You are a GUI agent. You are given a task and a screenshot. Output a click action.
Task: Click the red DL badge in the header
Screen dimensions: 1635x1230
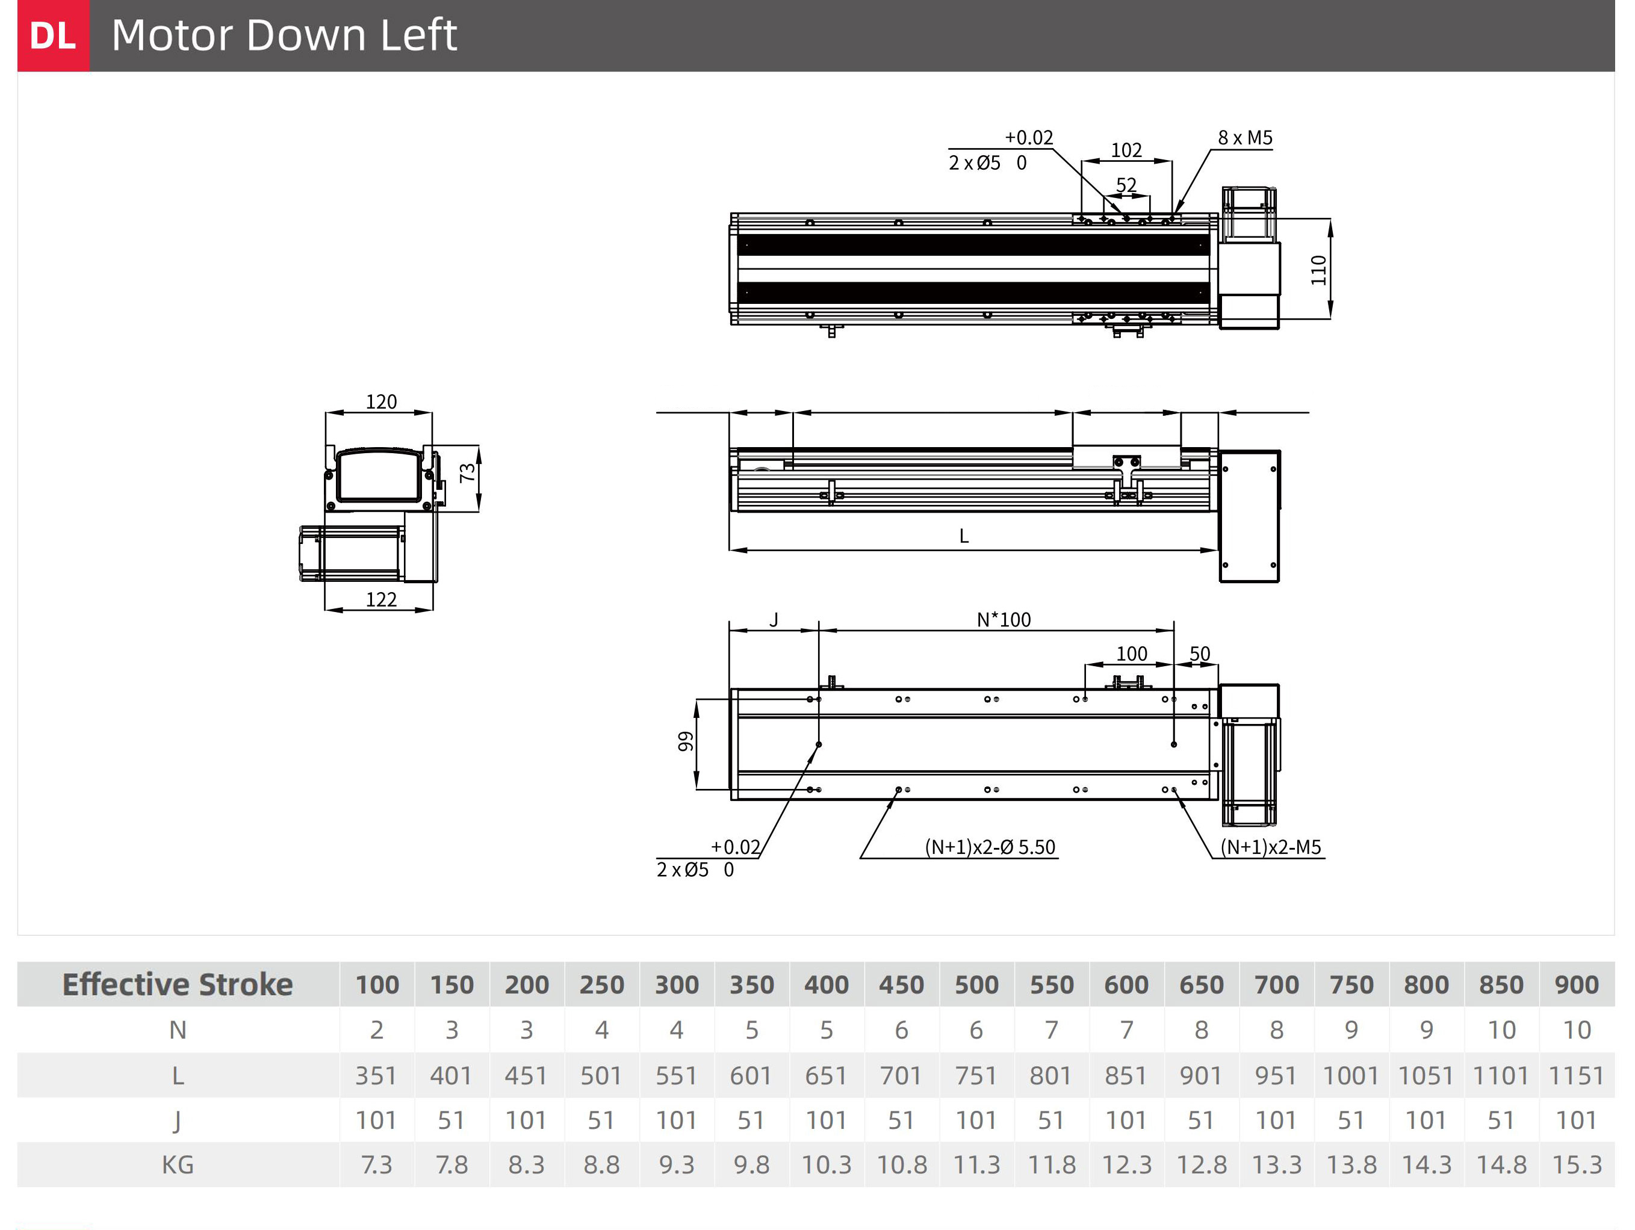click(x=53, y=36)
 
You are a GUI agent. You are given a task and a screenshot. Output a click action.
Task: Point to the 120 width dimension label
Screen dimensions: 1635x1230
click(x=382, y=402)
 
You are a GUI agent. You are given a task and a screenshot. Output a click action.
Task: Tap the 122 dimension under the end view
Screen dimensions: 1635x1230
click(x=382, y=600)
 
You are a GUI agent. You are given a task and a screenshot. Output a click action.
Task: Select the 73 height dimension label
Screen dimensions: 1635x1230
click(x=467, y=473)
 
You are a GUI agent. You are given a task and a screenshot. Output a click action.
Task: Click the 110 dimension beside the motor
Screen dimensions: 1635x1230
click(x=1318, y=270)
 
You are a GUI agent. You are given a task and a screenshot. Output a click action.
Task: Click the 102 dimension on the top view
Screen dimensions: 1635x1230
click(x=1126, y=150)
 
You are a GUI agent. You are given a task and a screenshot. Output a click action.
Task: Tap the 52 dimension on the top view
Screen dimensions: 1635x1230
click(x=1126, y=185)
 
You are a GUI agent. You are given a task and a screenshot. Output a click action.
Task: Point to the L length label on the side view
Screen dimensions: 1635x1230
click(x=964, y=536)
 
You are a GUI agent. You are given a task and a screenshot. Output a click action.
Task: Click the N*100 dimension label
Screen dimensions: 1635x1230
click(x=1004, y=620)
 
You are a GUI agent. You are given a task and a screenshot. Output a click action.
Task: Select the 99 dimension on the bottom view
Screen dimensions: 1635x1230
click(x=686, y=742)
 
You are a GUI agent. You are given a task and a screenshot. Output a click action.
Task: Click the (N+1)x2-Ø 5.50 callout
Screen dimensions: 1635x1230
click(x=990, y=847)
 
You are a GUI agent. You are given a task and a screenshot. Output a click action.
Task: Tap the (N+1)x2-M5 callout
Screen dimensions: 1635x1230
click(x=1271, y=847)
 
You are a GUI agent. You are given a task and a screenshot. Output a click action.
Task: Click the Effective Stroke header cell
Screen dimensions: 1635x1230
click(x=178, y=984)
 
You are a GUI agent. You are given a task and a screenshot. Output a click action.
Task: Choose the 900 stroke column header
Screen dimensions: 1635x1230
click(x=1577, y=984)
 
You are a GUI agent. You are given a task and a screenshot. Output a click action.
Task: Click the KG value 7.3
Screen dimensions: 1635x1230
click(x=376, y=1165)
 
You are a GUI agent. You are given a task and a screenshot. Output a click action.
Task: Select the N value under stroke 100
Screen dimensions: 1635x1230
click(x=377, y=1030)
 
